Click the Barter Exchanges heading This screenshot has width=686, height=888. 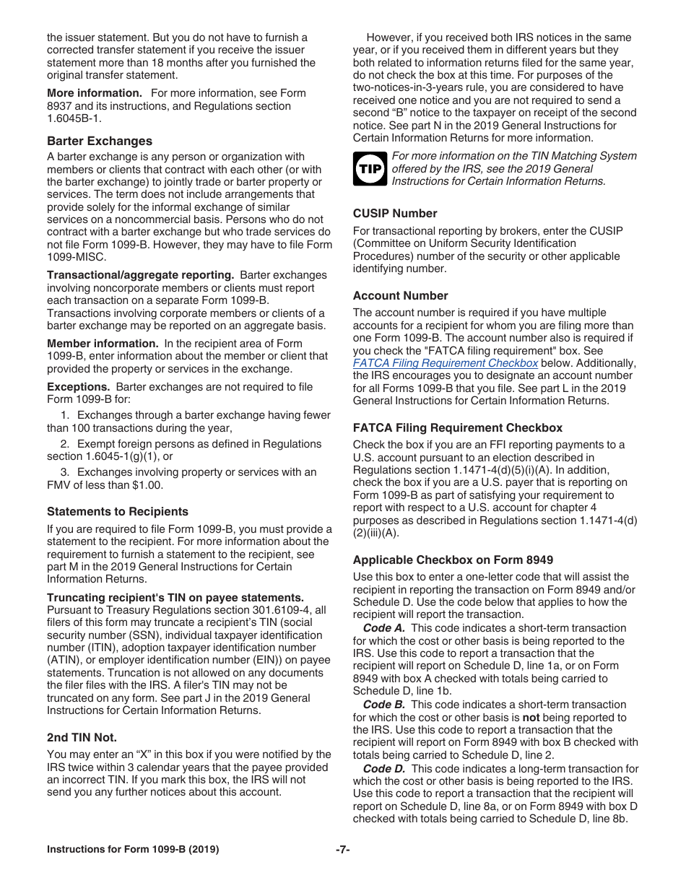point(100,141)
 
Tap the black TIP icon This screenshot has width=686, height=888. point(370,169)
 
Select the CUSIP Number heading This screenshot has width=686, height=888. point(395,213)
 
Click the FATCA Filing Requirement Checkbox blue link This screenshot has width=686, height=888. point(445,363)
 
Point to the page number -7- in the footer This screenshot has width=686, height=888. point(343,850)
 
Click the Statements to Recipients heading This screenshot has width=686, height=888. point(118,511)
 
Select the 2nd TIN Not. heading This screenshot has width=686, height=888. point(82,737)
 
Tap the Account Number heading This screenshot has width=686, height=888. point(400,295)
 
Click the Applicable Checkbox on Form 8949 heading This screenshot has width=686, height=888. point(453,560)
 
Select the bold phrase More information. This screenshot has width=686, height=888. point(95,93)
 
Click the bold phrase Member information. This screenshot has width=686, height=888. point(103,344)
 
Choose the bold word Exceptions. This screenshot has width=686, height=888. point(78,387)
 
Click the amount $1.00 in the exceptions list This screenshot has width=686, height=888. point(147,485)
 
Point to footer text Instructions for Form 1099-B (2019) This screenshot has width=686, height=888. point(133,850)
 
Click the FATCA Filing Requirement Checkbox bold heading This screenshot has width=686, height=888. point(457,427)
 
